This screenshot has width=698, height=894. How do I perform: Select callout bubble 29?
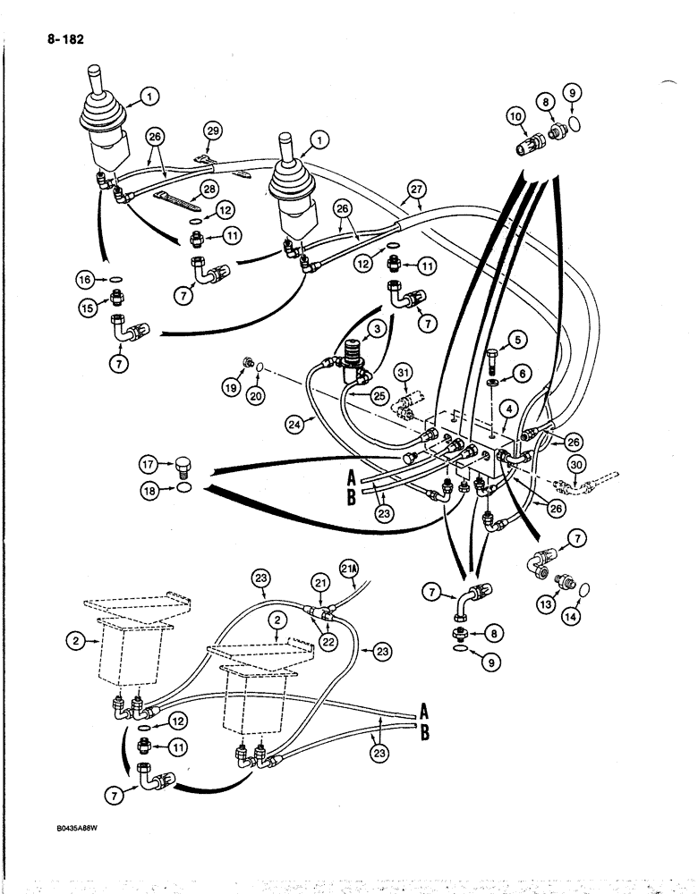click(x=211, y=131)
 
